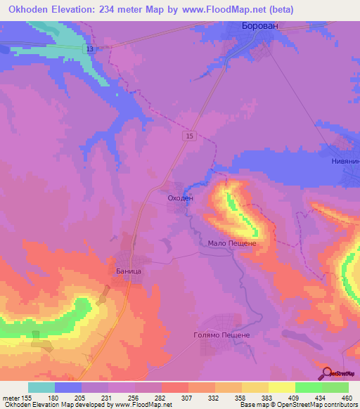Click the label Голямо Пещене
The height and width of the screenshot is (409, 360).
point(221,335)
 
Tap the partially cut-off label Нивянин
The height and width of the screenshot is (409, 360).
point(345,161)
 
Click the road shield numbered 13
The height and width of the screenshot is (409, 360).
point(90,48)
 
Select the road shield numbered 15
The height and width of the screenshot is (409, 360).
point(191,136)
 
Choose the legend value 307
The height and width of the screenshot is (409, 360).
point(186,397)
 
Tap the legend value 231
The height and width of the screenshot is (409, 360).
point(107,397)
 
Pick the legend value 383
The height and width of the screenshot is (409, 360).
point(266,397)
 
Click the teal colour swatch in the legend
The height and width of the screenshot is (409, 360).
point(41,387)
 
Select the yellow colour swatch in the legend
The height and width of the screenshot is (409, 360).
point(281,387)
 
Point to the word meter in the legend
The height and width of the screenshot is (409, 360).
point(11,397)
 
